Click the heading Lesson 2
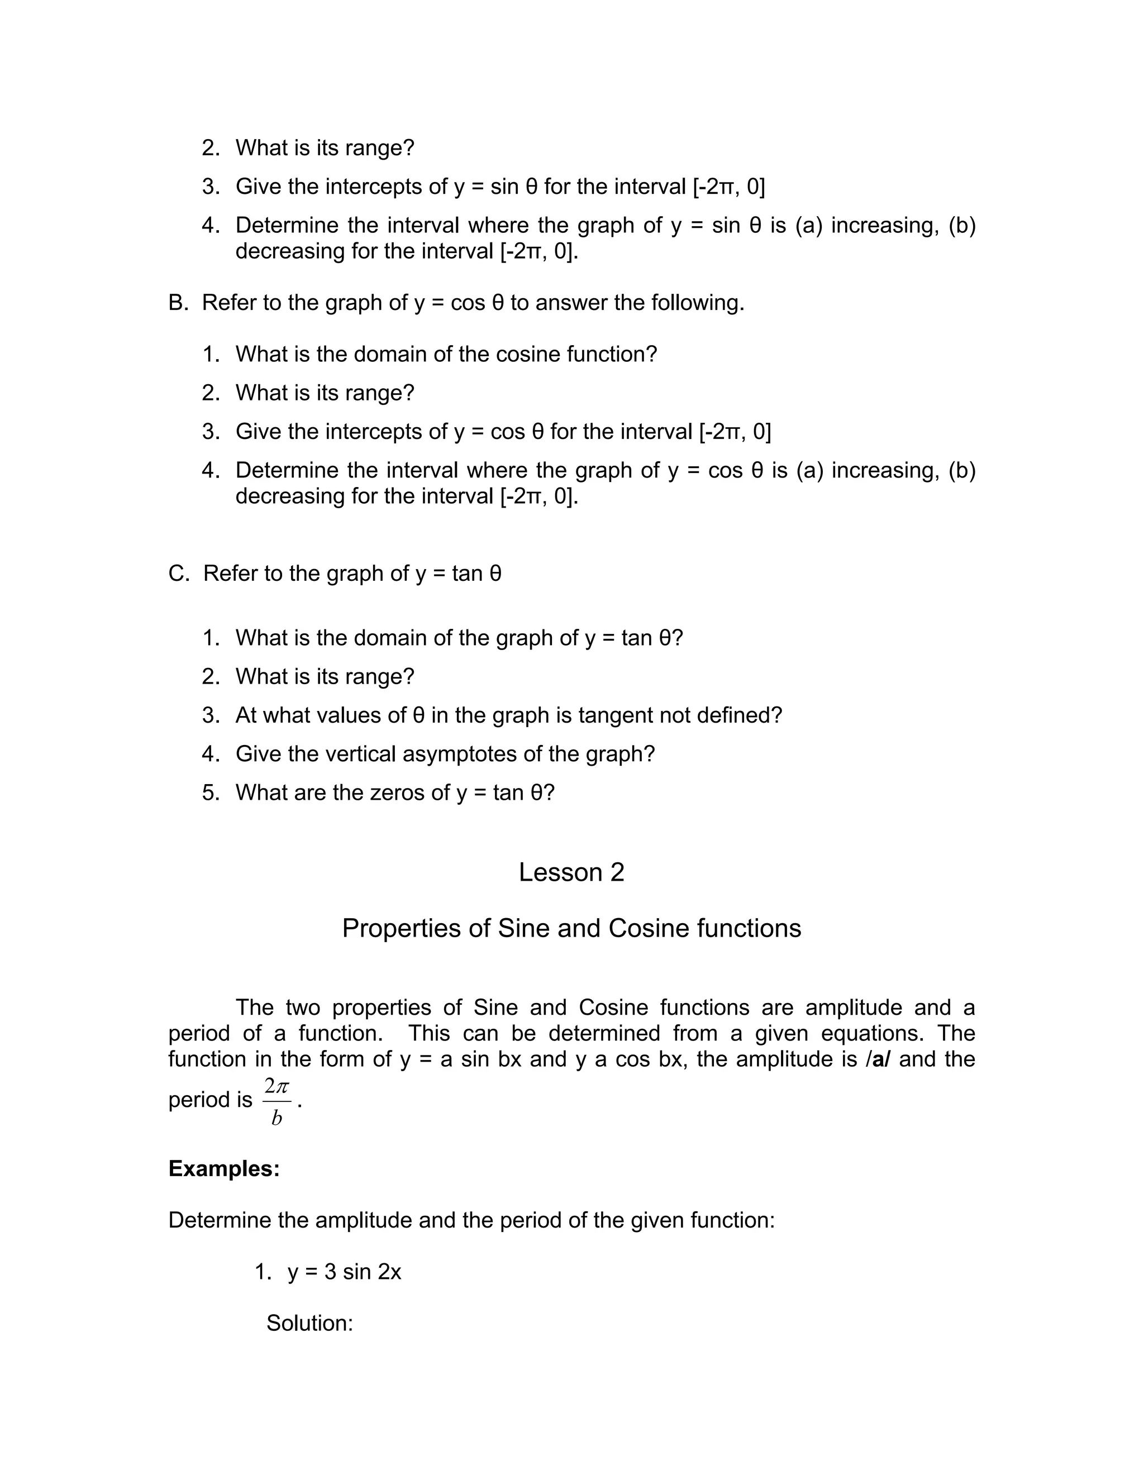[x=571, y=872]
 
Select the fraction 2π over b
[x=277, y=1101]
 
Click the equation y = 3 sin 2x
[x=344, y=1271]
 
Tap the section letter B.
[x=178, y=302]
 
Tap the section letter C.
[x=178, y=574]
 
